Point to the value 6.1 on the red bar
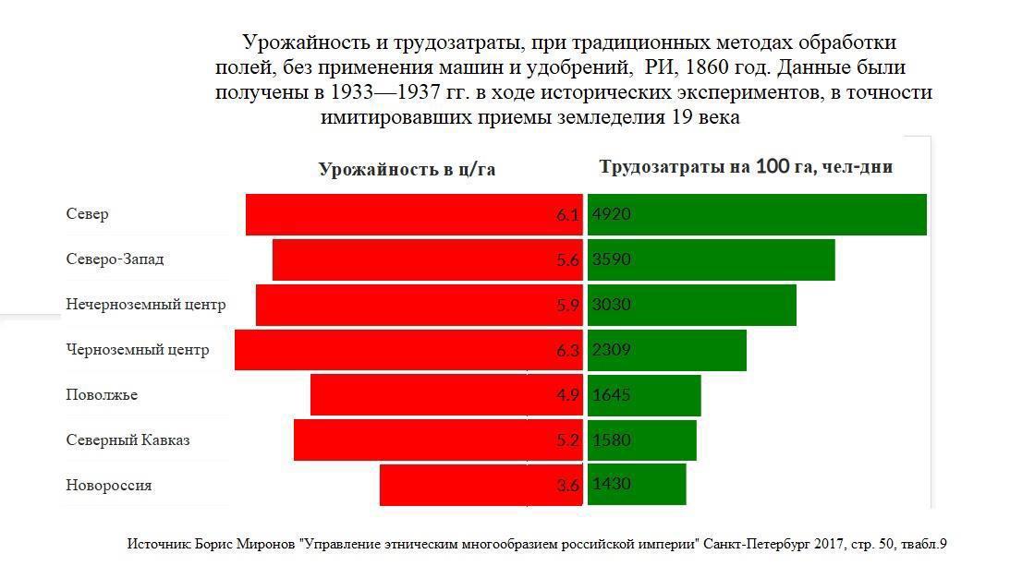[567, 215]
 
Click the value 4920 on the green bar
[612, 214]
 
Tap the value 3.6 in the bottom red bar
[567, 486]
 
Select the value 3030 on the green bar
[612, 305]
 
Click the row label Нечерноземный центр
[146, 305]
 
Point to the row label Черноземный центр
[138, 350]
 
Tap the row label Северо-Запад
[115, 259]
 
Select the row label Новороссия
[109, 486]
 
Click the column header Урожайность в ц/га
[407, 169]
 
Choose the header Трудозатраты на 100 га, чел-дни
[746, 167]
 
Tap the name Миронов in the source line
[266, 545]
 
